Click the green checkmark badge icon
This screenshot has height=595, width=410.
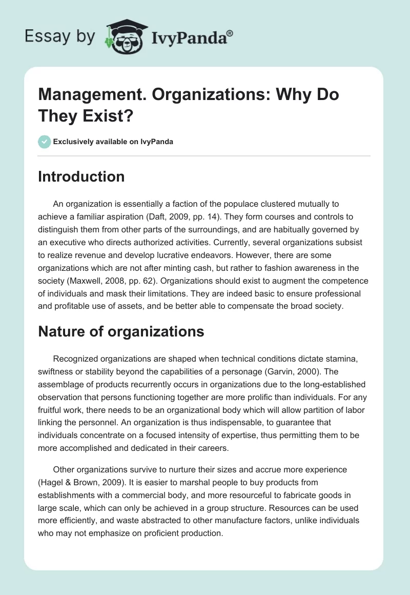[44, 142]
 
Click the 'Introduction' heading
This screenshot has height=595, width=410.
[81, 176]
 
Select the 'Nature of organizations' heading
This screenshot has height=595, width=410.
[121, 331]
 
